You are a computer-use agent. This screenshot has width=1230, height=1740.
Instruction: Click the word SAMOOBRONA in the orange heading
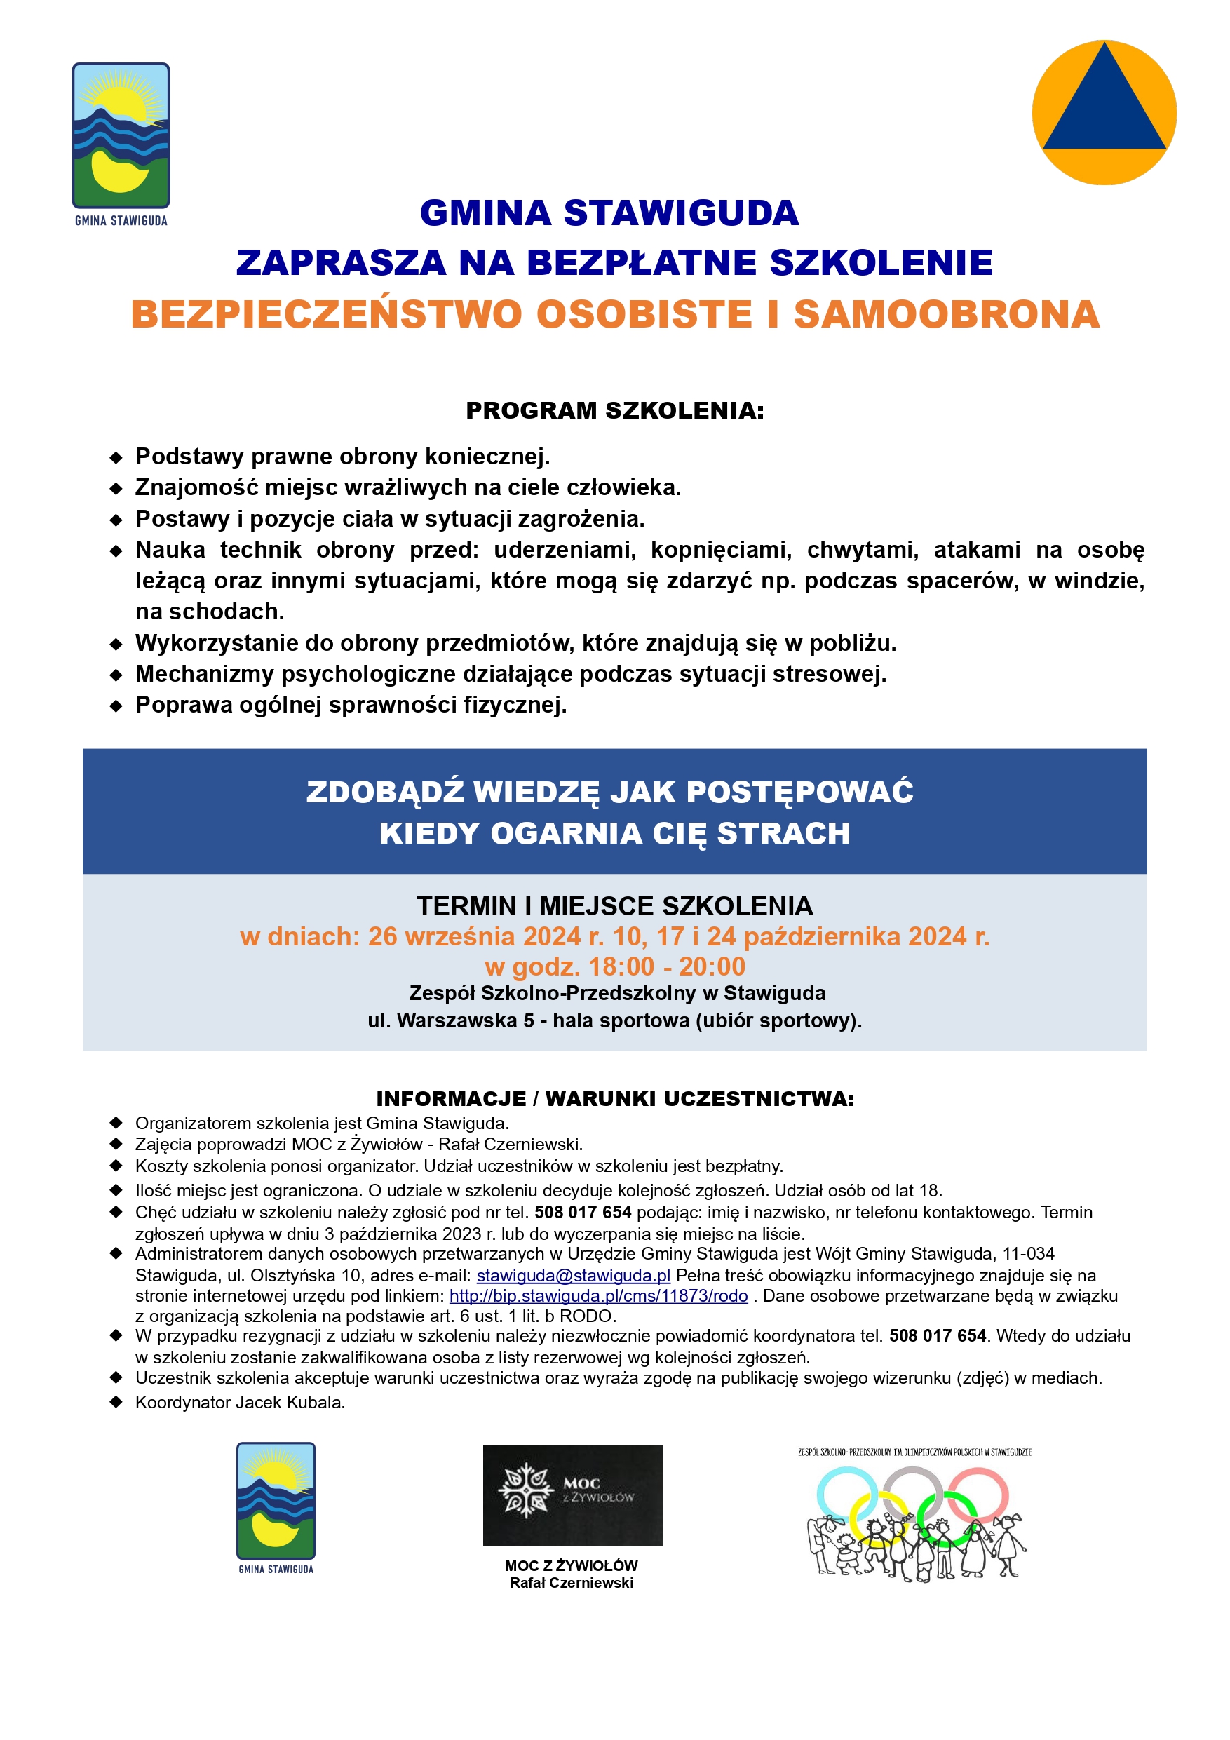[947, 314]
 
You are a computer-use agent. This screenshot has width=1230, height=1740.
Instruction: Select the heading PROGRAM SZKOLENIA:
[614, 411]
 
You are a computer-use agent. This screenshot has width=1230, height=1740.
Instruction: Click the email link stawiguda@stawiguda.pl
[573, 1276]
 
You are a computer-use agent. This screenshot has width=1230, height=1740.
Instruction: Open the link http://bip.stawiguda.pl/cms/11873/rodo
[598, 1296]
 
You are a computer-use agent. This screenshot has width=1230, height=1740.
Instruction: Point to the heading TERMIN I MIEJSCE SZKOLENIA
[614, 906]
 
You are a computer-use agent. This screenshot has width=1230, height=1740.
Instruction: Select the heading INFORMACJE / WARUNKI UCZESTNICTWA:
[614, 1099]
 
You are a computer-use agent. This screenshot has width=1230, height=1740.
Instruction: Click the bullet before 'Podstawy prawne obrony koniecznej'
[116, 458]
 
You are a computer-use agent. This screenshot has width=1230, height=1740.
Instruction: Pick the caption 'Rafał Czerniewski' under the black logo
[572, 1583]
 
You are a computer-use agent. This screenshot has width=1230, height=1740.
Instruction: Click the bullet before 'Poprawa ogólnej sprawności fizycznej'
[116, 706]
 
